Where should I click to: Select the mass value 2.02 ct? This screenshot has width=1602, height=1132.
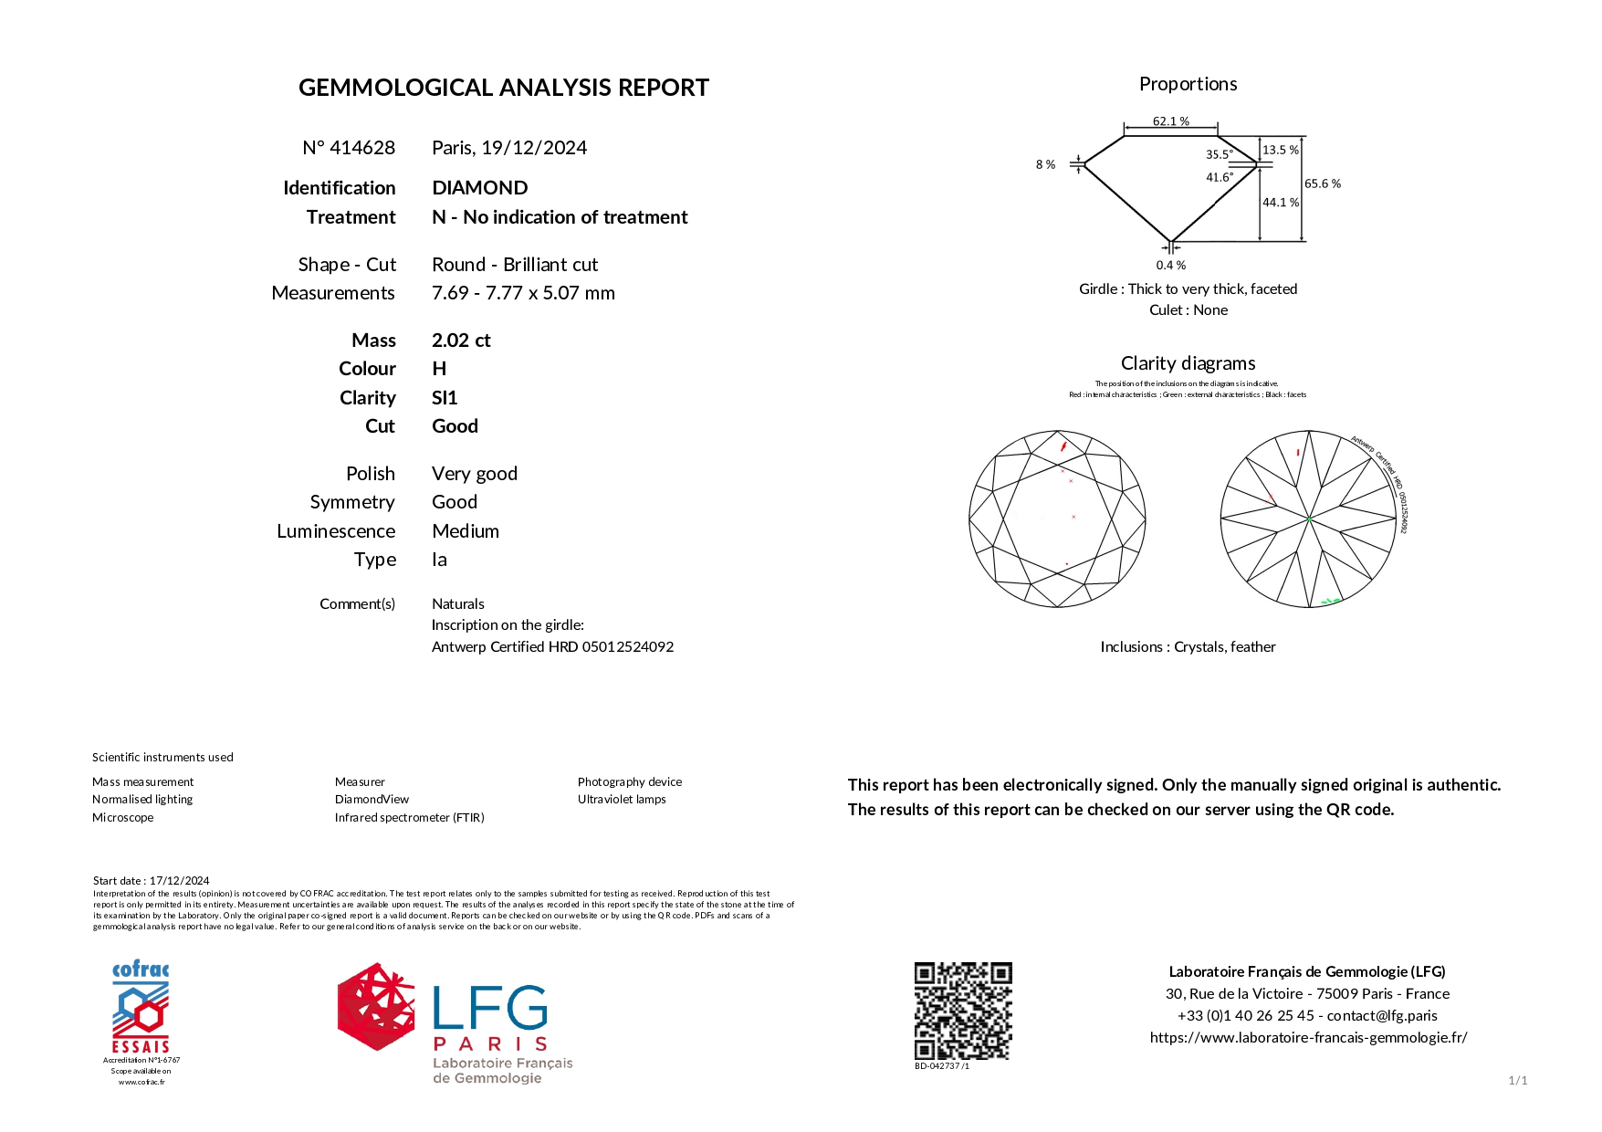point(461,341)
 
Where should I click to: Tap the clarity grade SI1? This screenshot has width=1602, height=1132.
point(445,398)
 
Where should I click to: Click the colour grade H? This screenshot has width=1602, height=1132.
point(439,369)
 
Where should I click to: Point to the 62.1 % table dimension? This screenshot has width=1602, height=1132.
point(1170,121)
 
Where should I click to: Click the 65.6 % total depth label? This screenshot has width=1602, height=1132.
point(1322,183)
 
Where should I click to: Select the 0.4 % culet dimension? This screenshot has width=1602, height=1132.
point(1170,266)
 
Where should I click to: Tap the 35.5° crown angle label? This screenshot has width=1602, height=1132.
point(1219,154)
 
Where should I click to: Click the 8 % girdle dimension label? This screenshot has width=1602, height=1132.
point(1045,165)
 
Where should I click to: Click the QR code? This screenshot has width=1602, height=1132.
point(963,1011)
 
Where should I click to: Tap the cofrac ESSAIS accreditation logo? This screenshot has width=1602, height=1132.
point(141,1009)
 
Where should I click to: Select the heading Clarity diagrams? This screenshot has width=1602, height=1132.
point(1188,363)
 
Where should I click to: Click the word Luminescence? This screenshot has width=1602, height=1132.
point(336,531)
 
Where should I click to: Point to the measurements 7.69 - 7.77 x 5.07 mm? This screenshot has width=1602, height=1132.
point(523,293)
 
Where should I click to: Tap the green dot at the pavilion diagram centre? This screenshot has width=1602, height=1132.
point(1308,519)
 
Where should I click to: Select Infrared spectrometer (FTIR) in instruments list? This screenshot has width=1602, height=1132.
point(409,818)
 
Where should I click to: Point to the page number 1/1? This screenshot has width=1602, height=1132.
point(1517,1081)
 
